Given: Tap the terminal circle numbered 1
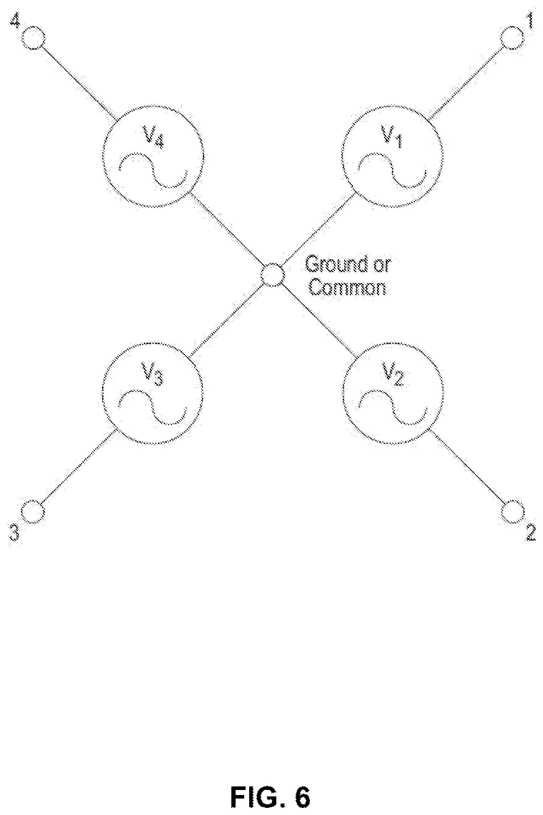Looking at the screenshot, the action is [512, 38].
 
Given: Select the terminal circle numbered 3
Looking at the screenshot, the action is [33, 512].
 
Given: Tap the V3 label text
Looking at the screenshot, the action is [154, 375].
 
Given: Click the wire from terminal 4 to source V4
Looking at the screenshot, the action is [78, 82].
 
